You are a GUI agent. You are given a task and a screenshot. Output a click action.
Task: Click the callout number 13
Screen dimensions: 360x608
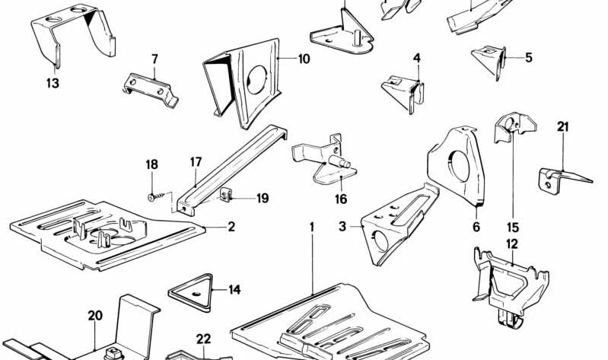coord(53,84)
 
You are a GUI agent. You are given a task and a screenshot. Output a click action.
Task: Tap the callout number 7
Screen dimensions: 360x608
coord(154,59)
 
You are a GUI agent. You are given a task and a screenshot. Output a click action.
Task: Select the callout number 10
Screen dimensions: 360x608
coord(304,58)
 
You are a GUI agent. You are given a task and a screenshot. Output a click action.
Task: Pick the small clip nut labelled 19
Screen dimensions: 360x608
coord(225,196)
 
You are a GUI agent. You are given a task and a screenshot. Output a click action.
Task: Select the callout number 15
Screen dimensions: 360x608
coord(512,228)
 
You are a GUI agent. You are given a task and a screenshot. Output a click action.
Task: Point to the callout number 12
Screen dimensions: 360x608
coord(511,244)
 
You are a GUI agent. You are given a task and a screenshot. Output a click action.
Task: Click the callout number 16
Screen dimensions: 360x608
coord(340,199)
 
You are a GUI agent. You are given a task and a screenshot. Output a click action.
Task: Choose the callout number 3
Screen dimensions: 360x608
coord(342,226)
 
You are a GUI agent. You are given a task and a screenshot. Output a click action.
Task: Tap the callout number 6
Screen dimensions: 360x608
coord(476,226)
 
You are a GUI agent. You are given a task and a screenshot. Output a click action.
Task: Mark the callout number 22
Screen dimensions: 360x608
coord(203,339)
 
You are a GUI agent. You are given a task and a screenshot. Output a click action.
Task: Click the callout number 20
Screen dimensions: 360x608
coord(94,315)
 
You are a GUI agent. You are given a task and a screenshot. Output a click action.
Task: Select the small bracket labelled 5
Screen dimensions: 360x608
coord(489,60)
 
